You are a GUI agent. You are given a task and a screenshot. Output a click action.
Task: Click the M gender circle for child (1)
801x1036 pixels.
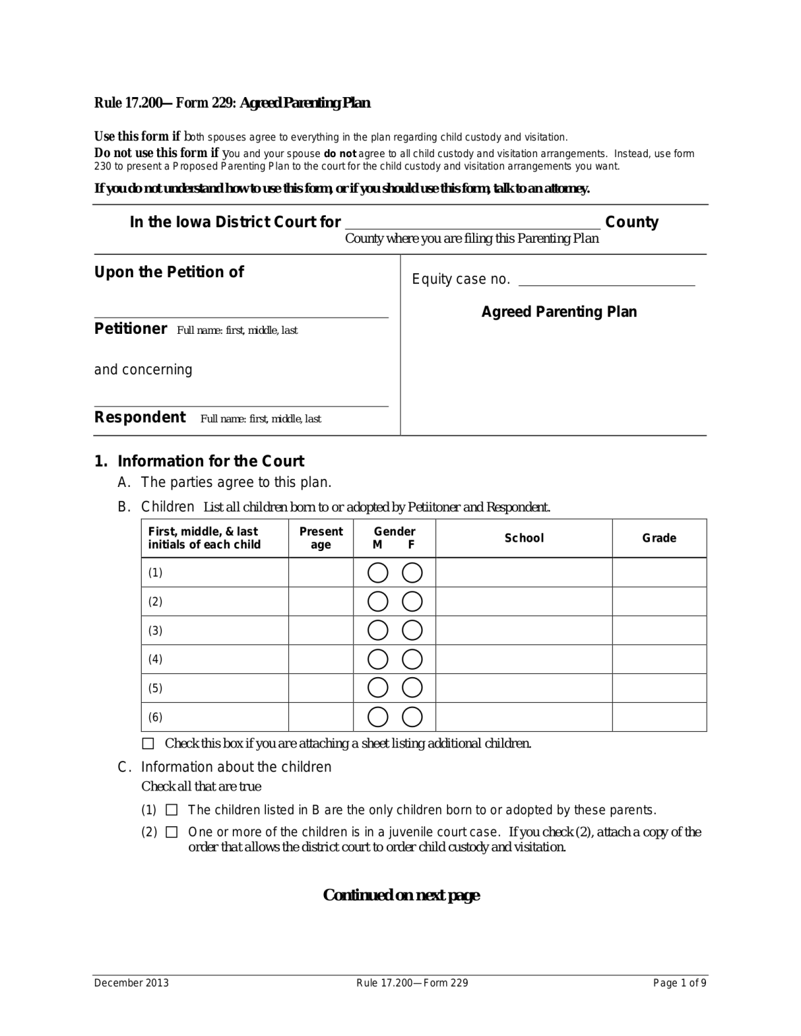[378, 573]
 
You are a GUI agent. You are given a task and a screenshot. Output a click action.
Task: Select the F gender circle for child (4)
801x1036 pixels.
[412, 659]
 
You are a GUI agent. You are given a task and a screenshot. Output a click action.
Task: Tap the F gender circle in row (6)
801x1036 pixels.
[412, 717]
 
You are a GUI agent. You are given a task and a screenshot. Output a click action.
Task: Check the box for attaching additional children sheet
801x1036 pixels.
[148, 744]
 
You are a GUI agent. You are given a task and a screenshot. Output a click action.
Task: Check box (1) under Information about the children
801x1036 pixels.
[171, 810]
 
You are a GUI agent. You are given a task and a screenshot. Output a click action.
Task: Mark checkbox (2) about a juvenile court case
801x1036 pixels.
[171, 832]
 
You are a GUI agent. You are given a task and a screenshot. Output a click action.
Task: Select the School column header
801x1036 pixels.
[524, 538]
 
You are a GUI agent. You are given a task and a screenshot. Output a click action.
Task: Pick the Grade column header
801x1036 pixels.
[659, 538]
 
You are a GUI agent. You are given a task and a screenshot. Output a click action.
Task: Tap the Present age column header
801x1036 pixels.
[321, 538]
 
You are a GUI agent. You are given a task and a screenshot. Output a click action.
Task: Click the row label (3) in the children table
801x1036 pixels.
[155, 631]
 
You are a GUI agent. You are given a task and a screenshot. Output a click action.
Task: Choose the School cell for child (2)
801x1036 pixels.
[524, 602]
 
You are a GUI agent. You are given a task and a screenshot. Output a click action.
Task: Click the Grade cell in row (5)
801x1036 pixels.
[659, 688]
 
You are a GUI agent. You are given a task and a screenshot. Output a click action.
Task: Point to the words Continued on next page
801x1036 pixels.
[401, 895]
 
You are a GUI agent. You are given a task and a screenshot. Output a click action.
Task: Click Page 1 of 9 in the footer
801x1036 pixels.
[680, 983]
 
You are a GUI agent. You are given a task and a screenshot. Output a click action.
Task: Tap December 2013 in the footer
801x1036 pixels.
[132, 983]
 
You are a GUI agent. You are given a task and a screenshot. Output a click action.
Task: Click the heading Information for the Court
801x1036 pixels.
[211, 461]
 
